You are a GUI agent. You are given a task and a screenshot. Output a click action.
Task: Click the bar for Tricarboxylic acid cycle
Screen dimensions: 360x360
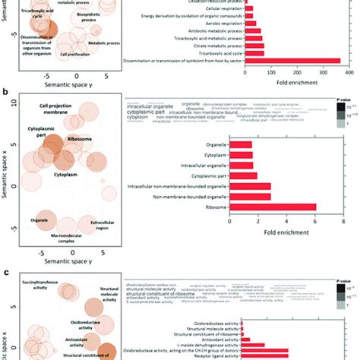coord(254,53)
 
